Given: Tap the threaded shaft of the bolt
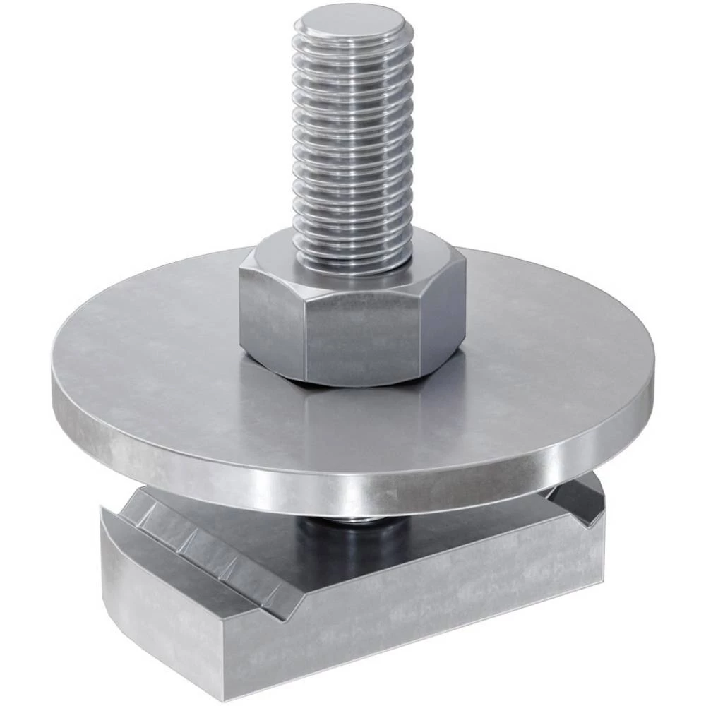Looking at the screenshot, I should coord(351,141).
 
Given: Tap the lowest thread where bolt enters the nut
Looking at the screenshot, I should coord(351,261).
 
